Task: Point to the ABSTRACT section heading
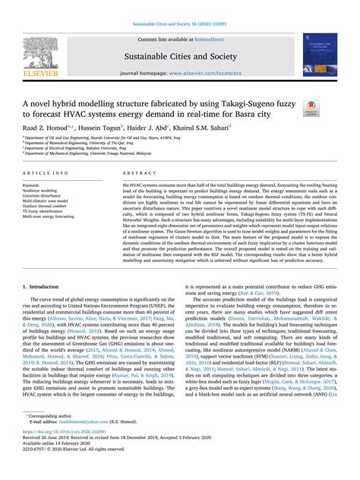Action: click(137, 173)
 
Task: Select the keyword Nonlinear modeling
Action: click(41, 191)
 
